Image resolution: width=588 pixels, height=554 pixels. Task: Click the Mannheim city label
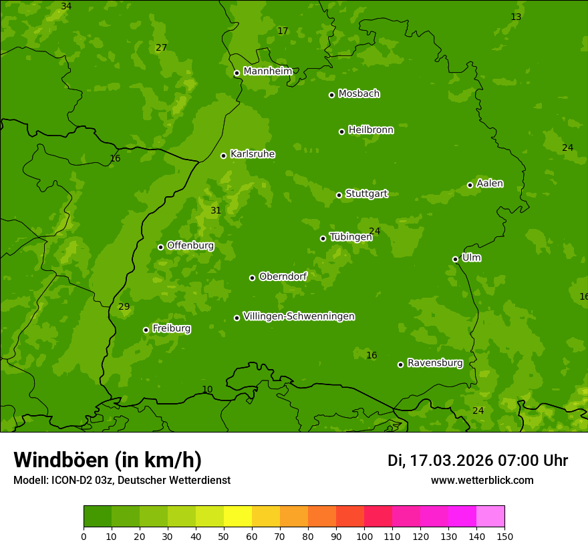[267, 71]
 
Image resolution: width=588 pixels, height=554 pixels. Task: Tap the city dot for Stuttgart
[339, 195]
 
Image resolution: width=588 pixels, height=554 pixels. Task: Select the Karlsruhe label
[252, 154]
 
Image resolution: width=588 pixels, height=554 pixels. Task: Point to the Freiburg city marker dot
[146, 330]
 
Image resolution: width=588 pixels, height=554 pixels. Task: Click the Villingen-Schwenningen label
[299, 316]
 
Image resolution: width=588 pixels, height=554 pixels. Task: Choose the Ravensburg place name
[435, 363]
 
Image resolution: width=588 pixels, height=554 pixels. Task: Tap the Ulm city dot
[455, 259]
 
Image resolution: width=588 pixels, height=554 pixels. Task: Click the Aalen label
[490, 184]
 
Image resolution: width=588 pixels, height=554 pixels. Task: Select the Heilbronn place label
[371, 130]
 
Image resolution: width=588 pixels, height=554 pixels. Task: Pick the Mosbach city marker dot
[331, 95]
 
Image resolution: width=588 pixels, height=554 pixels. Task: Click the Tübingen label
[351, 237]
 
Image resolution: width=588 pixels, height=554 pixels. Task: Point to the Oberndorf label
[283, 276]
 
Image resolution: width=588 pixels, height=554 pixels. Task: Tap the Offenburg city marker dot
[160, 247]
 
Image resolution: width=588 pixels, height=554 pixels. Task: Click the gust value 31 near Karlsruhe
[216, 211]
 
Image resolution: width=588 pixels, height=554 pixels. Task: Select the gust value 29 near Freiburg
[124, 307]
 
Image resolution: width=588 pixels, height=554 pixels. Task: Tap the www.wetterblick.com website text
[482, 481]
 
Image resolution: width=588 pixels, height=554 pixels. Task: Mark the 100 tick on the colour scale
[364, 536]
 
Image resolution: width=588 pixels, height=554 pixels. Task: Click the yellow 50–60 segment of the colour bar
[238, 517]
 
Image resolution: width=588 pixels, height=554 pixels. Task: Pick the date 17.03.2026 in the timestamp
[451, 461]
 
